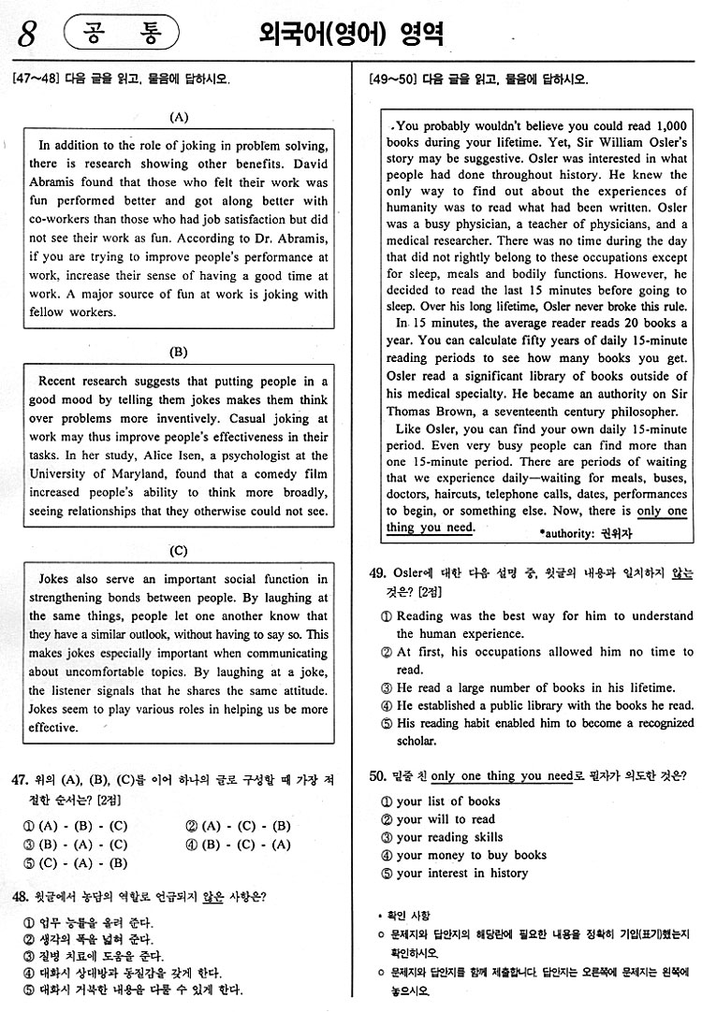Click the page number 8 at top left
click(x=26, y=36)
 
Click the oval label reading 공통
click(x=121, y=34)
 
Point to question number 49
click(x=378, y=573)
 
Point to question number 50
click(x=378, y=775)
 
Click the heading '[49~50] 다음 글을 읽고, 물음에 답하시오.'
click(x=479, y=80)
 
